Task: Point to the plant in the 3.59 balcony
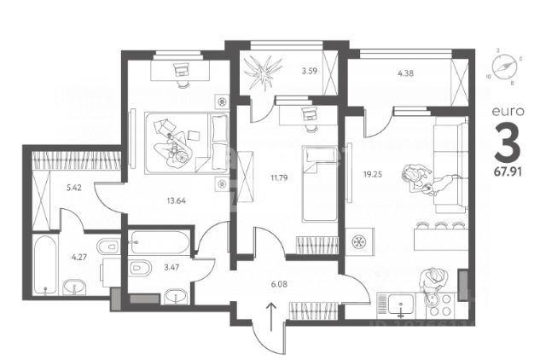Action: [x=263, y=73]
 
